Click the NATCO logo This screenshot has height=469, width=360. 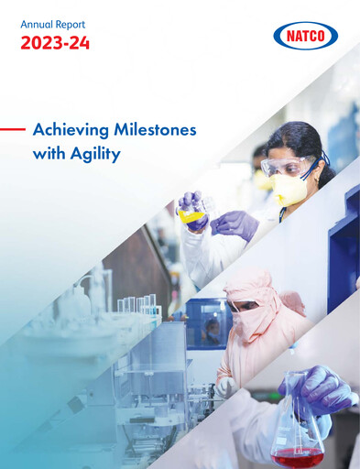coord(306,37)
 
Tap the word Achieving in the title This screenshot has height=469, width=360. coord(70,131)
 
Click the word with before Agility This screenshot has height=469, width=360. coord(47,154)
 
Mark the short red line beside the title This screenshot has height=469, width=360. coord(12,130)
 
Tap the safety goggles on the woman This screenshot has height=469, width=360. coord(287,167)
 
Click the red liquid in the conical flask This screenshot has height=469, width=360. coord(298,453)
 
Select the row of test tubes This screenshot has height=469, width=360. coord(137,305)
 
